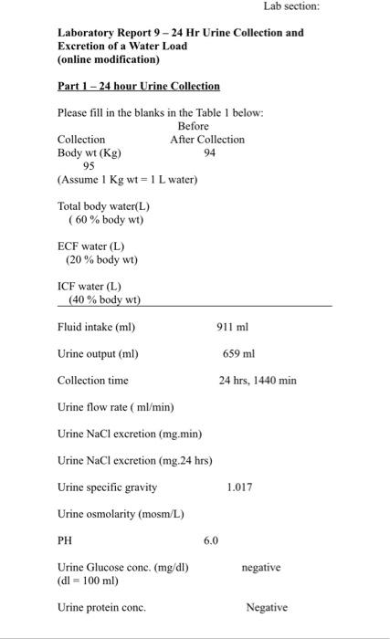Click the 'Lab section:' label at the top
click(292, 6)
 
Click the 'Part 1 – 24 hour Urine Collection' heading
click(139, 86)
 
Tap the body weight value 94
click(210, 152)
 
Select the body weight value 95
click(89, 166)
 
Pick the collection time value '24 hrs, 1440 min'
click(258, 380)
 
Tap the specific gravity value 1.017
click(239, 487)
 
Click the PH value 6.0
click(211, 540)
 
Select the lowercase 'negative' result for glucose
click(260, 567)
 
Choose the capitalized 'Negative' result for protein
click(267, 607)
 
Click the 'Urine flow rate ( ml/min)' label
click(115, 406)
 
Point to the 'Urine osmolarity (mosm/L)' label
click(121, 514)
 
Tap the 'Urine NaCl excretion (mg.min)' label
click(130, 434)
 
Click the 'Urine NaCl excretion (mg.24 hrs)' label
click(134, 460)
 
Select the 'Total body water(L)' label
click(103, 206)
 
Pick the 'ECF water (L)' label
click(90, 246)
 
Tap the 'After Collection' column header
click(207, 140)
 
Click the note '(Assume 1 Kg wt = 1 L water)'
click(127, 179)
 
